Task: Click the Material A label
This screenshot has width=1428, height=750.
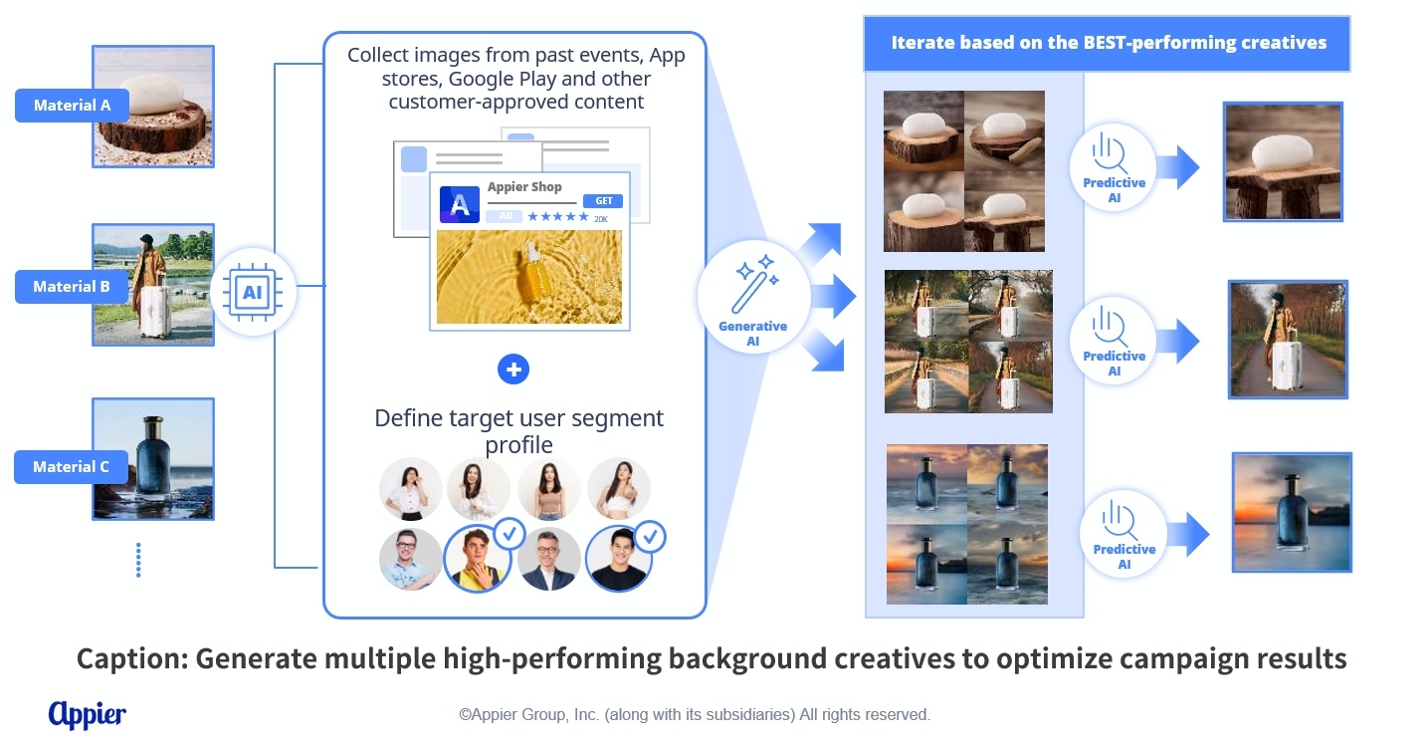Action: pyautogui.click(x=72, y=106)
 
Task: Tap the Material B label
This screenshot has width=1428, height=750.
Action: pyautogui.click(x=72, y=287)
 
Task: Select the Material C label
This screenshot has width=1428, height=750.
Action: pyautogui.click(x=71, y=466)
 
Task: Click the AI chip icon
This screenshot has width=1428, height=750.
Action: pyautogui.click(x=253, y=293)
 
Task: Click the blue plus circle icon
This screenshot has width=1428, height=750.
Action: pyautogui.click(x=513, y=369)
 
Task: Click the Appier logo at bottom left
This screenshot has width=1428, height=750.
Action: pyautogui.click(x=88, y=715)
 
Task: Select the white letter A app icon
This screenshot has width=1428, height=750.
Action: pyautogui.click(x=460, y=204)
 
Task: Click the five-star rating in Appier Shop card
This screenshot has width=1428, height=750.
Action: pyautogui.click(x=558, y=217)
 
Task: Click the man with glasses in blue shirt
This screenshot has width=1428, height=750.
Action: pyautogui.click(x=410, y=559)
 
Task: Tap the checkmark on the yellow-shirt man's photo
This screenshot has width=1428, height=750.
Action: pyautogui.click(x=510, y=534)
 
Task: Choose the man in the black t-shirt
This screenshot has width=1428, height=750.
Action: pyautogui.click(x=618, y=559)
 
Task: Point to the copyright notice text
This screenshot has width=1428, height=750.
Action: pyautogui.click(x=695, y=715)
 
